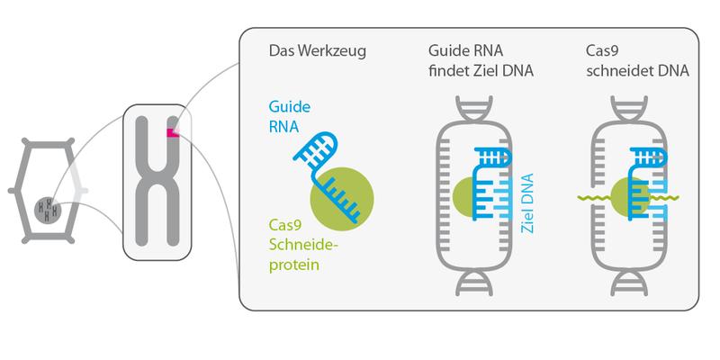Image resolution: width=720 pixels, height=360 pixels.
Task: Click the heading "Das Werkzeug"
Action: point(318,51)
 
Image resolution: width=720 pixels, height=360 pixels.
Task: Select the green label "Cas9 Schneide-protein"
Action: point(303,246)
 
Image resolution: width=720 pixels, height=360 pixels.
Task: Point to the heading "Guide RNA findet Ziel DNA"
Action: point(481,60)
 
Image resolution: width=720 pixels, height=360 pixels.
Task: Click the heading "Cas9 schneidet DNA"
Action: point(637,60)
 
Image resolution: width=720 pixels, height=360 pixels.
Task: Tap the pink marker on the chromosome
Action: point(173,132)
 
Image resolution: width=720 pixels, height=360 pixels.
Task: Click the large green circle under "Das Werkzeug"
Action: point(342,199)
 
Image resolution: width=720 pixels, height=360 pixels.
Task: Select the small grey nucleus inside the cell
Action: point(48,210)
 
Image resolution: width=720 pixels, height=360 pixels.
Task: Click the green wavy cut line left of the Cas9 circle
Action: point(594,198)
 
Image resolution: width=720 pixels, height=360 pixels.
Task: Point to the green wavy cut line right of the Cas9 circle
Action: point(664,198)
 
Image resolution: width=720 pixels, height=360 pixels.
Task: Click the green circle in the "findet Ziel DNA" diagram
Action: point(464,197)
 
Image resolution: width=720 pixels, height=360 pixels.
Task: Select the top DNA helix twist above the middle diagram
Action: point(474,109)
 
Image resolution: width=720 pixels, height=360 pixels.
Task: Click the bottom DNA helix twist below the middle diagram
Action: point(474,283)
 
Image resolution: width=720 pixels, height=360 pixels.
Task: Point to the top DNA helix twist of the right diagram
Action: point(629,109)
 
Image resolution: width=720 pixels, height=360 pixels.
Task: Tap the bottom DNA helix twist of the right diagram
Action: point(629,283)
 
